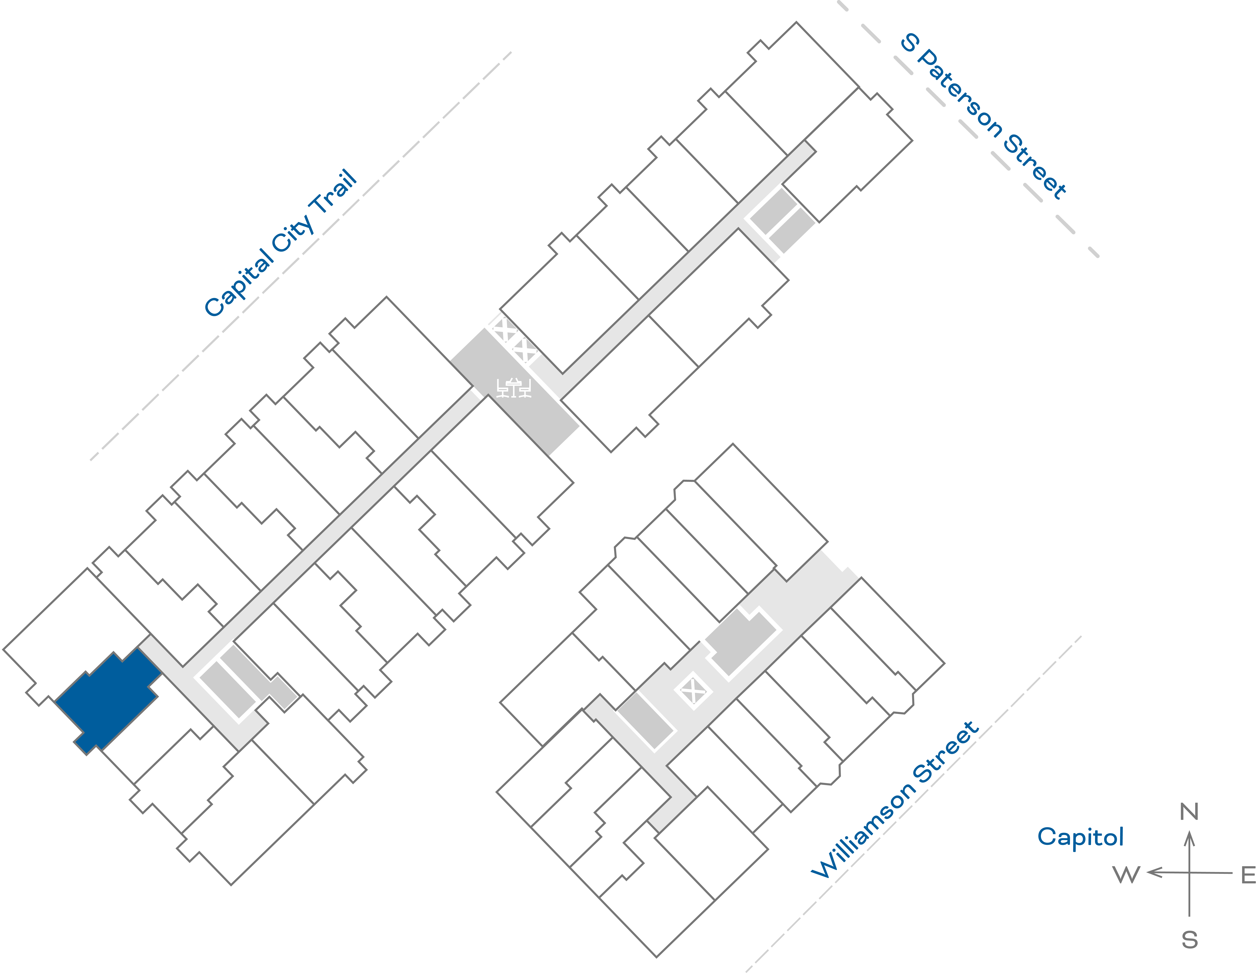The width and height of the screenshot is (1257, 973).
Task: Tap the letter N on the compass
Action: click(x=1189, y=812)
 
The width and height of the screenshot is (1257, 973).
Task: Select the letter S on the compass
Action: click(x=1190, y=940)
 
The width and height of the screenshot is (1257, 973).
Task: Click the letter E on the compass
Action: click(x=1248, y=875)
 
